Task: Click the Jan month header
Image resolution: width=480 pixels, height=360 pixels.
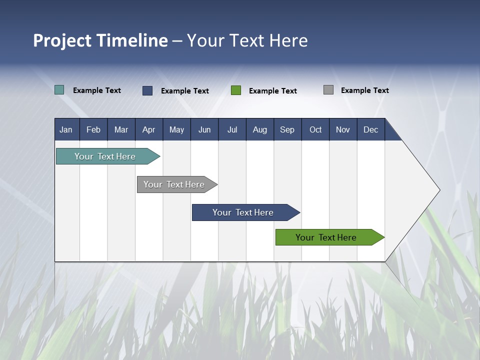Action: (x=66, y=129)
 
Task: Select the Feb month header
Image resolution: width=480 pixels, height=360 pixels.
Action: (x=93, y=129)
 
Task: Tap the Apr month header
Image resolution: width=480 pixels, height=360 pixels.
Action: (x=148, y=129)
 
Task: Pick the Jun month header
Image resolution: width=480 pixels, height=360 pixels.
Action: (x=204, y=129)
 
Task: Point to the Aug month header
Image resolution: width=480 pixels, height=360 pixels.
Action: (x=260, y=129)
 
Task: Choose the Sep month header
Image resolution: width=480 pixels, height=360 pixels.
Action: (x=287, y=129)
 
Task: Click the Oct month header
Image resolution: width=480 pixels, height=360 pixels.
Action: (x=315, y=129)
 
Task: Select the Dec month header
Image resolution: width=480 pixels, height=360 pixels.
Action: (x=371, y=129)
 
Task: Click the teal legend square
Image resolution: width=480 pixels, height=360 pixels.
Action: (x=59, y=90)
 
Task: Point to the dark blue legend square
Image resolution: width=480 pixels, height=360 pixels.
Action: (x=147, y=90)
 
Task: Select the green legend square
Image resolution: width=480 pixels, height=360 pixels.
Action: (x=236, y=90)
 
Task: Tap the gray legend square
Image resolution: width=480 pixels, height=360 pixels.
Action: (x=328, y=90)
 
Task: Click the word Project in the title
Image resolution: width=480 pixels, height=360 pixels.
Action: (x=62, y=40)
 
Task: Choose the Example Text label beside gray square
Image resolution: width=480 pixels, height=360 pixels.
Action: (x=364, y=90)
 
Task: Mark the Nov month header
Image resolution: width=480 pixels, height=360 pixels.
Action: (x=343, y=129)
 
